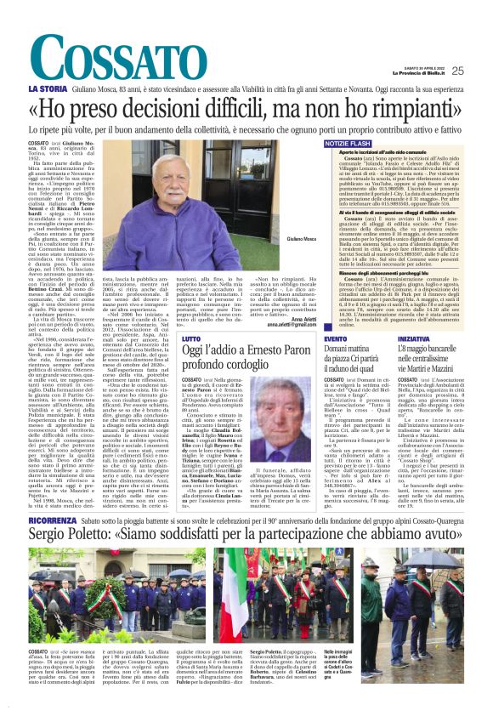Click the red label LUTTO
pyautogui.click(x=194, y=338)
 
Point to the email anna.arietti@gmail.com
pyautogui.click(x=266, y=325)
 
